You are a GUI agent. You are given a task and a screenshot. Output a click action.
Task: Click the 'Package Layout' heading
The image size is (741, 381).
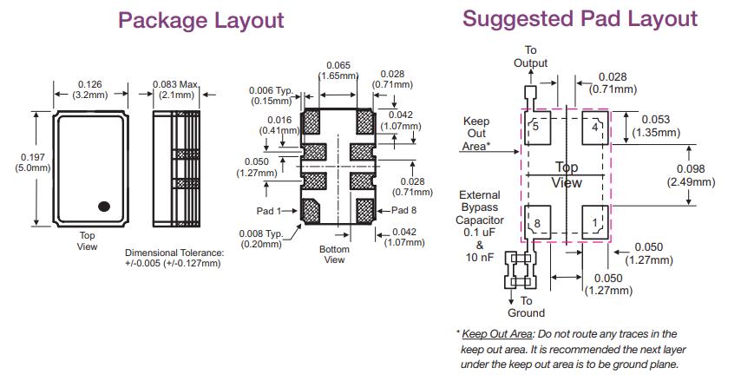pos(200,20)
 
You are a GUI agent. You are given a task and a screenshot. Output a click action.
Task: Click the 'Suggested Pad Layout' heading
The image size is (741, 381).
pos(580,18)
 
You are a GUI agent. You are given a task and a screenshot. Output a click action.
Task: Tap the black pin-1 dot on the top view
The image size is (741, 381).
pos(105,206)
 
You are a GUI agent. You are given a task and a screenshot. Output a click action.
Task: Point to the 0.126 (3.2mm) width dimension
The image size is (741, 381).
pos(90,89)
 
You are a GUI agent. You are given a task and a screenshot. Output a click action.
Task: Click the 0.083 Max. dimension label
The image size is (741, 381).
pos(175,89)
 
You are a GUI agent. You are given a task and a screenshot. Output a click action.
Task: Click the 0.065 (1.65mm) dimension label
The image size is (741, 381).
pos(338,70)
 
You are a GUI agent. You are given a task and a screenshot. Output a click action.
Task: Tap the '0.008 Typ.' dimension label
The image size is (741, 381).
pos(261,239)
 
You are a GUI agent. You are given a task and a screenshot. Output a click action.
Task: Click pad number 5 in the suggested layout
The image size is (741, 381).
pos(536,127)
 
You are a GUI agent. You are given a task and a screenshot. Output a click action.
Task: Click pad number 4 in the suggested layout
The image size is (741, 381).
pos(593,127)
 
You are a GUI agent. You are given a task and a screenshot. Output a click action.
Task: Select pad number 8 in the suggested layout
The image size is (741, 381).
pos(536,224)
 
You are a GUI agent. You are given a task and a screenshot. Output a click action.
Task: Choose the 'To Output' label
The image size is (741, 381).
pos(531,56)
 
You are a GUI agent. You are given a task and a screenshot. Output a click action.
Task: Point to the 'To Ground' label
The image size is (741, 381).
pos(526,306)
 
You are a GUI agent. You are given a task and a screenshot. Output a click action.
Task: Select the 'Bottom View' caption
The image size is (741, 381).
pos(334,254)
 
